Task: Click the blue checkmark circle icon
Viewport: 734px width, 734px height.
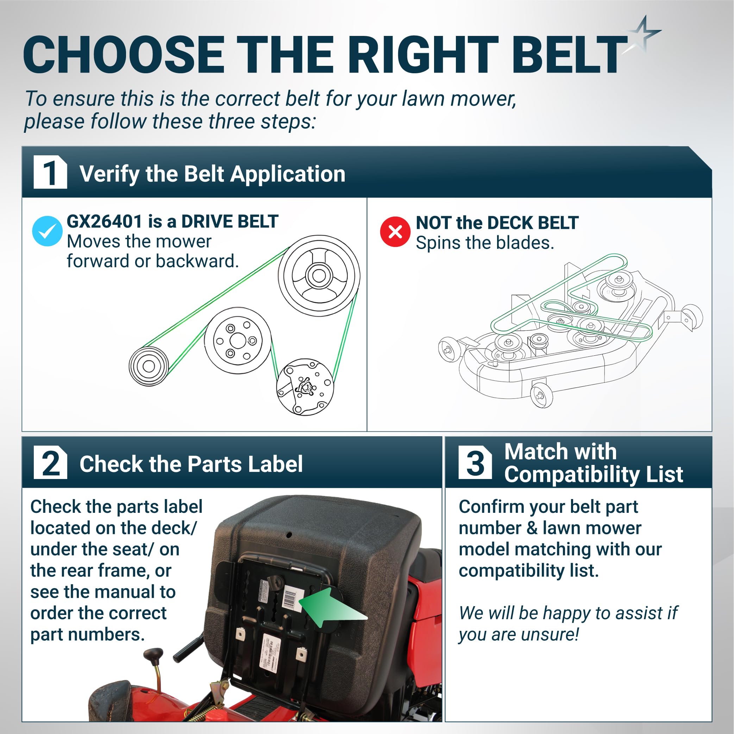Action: [x=47, y=231]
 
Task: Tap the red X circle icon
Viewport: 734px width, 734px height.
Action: [x=395, y=231]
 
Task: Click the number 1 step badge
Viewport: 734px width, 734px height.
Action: [x=50, y=172]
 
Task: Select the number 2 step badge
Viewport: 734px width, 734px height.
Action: [x=50, y=462]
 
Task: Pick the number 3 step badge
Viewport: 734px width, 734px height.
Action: [x=475, y=462]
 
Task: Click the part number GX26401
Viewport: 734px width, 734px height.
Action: [x=105, y=221]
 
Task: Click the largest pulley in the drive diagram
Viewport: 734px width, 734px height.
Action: [x=319, y=275]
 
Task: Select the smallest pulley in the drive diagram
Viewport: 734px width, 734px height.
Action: [x=149, y=366]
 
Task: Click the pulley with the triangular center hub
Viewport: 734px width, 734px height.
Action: [x=305, y=387]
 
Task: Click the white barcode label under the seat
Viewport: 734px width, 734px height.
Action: [x=293, y=599]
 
